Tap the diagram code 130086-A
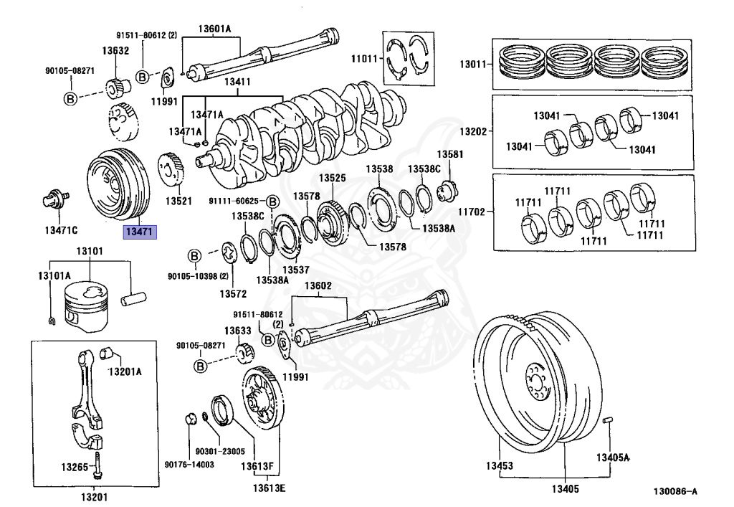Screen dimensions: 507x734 (674, 492)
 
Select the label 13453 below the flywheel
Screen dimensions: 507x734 (499, 466)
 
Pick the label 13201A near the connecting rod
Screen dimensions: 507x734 (125, 371)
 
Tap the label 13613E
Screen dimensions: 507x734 (269, 489)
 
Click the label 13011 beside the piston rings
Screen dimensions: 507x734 (474, 65)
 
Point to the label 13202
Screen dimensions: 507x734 (474, 131)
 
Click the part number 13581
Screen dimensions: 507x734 (450, 154)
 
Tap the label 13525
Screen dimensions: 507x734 (333, 178)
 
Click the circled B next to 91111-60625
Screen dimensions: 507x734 (272, 201)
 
